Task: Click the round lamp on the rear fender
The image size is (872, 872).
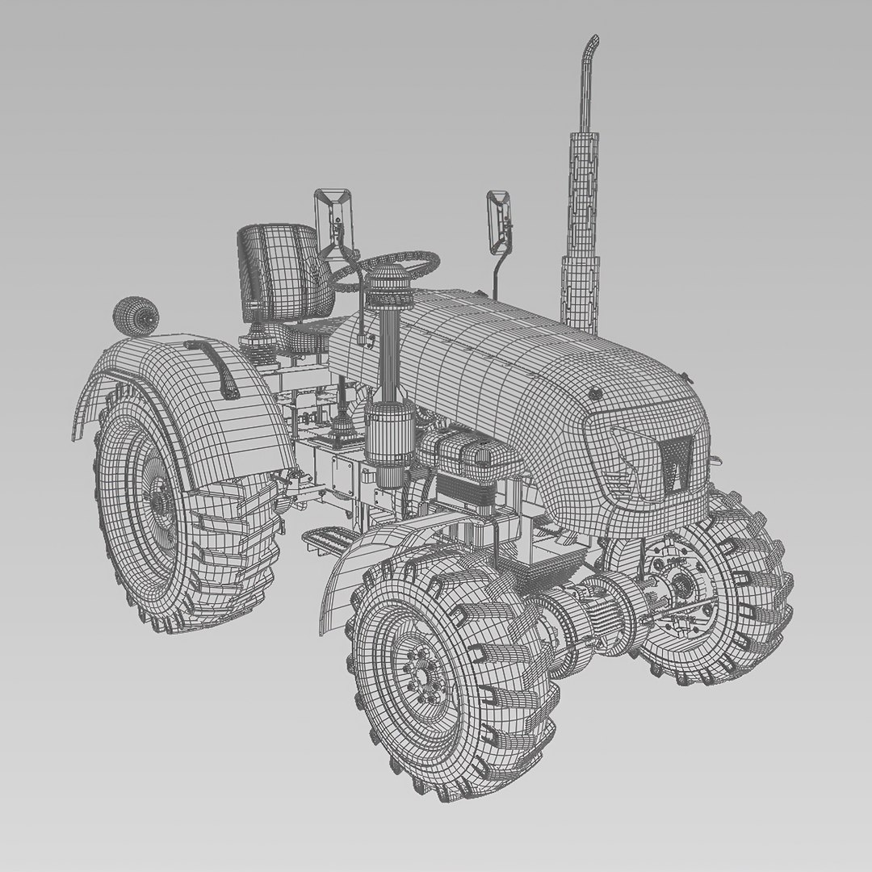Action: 134,316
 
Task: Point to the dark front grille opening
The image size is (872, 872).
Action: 674,464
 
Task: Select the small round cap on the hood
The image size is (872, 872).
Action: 596,394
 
